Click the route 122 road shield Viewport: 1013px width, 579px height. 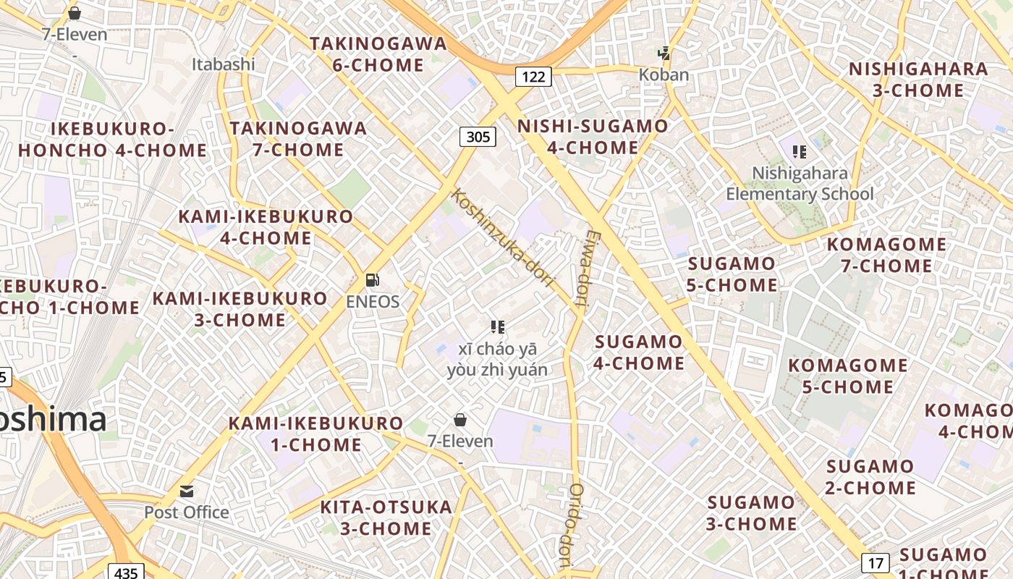[533, 76]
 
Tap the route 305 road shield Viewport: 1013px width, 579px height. [478, 136]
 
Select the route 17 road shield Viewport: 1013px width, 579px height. [876, 562]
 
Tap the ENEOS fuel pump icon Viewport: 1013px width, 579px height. [373, 280]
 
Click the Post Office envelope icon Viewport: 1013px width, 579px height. [187, 491]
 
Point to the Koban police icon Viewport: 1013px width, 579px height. [664, 54]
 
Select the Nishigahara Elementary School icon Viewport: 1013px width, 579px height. [800, 152]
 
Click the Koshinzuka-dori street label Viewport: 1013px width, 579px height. [502, 238]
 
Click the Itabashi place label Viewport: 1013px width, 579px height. [224, 64]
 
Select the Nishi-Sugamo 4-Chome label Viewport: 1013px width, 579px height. [593, 137]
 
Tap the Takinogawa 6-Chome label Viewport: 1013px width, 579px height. [378, 54]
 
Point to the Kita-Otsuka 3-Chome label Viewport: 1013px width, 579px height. [386, 517]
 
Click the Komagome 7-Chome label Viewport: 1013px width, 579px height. [886, 255]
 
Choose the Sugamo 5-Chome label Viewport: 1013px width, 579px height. [732, 274]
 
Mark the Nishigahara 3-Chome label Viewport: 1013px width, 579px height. [918, 80]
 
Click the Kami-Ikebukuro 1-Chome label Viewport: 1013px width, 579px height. [316, 434]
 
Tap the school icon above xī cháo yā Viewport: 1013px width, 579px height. [497, 327]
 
